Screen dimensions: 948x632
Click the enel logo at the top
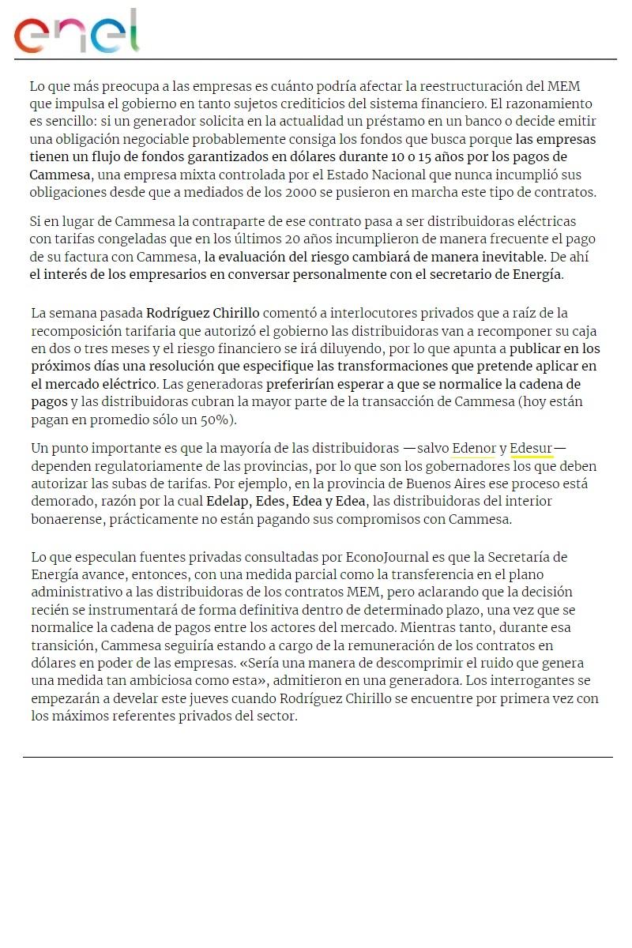pos(77,32)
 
